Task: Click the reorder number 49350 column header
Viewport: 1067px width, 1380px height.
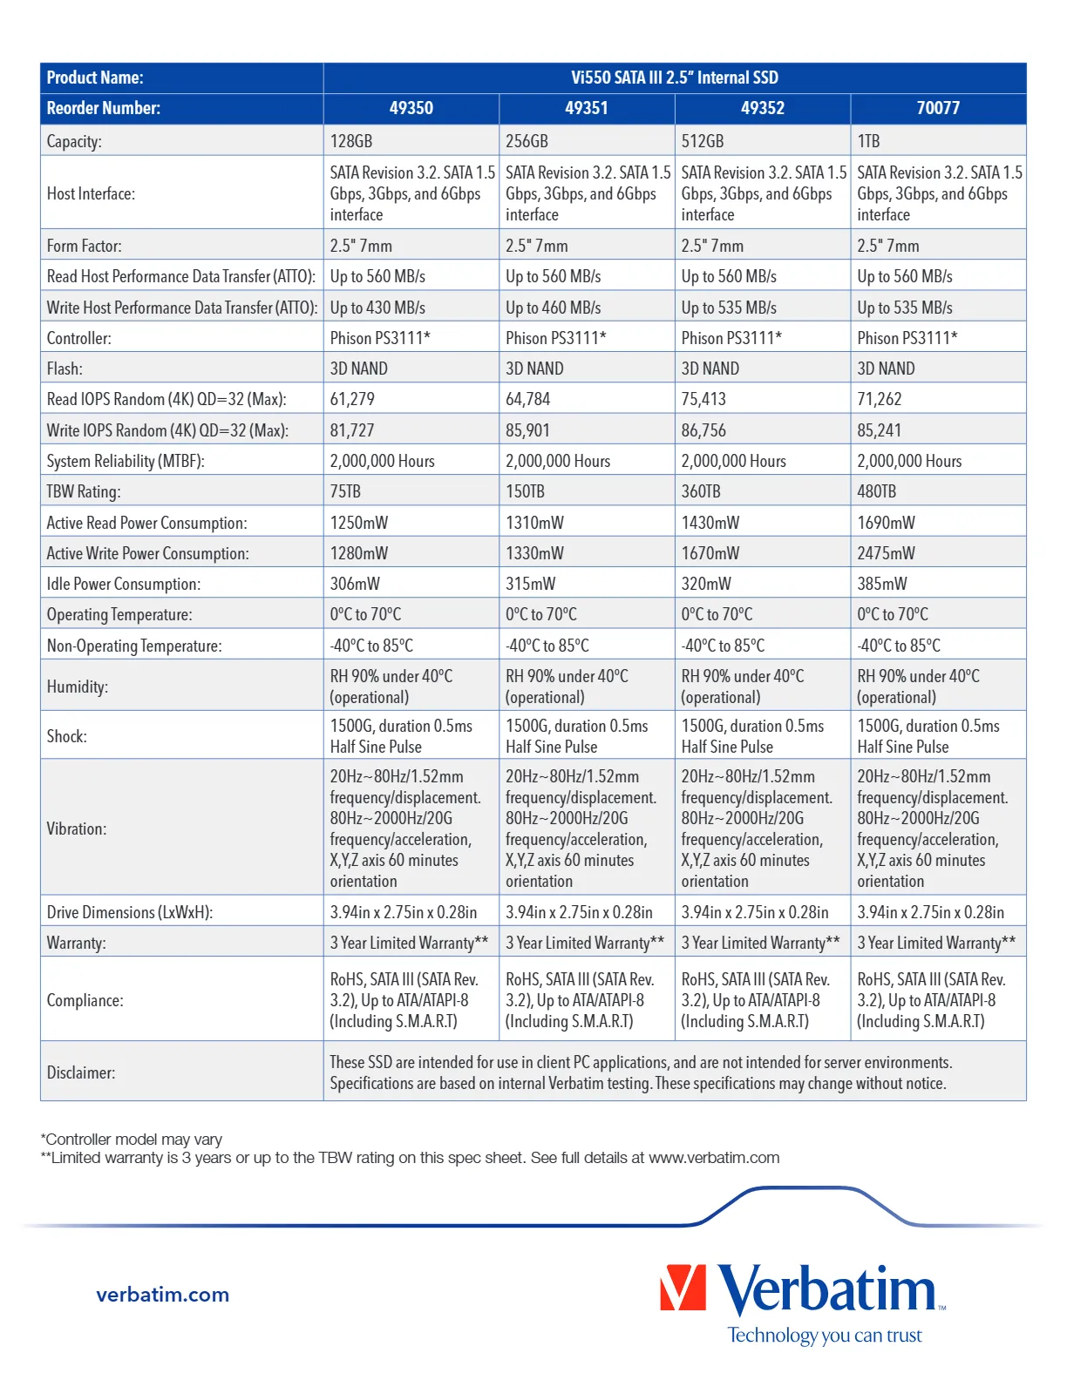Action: [x=411, y=108]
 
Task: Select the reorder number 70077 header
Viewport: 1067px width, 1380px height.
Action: [x=938, y=108]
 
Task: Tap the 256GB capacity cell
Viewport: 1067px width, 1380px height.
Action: [x=527, y=141]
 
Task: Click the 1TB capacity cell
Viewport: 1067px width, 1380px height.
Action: [x=869, y=141]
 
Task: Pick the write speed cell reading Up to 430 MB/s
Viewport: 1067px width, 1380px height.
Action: [x=377, y=308]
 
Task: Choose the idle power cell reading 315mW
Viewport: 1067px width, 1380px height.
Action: [x=530, y=584]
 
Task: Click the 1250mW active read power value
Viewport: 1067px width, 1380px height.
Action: [x=359, y=523]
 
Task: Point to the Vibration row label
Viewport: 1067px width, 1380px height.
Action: [x=77, y=829]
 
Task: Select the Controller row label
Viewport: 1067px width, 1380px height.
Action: [x=79, y=338]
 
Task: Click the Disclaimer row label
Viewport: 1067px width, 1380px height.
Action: [x=81, y=1072]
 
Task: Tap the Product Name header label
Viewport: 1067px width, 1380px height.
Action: [x=95, y=78]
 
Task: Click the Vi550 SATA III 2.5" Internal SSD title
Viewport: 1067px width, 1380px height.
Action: [x=675, y=78]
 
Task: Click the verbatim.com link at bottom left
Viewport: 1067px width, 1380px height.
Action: [x=163, y=1295]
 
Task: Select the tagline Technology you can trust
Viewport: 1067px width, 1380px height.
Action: [x=825, y=1336]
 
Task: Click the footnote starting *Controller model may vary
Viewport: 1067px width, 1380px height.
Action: [x=132, y=1139]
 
